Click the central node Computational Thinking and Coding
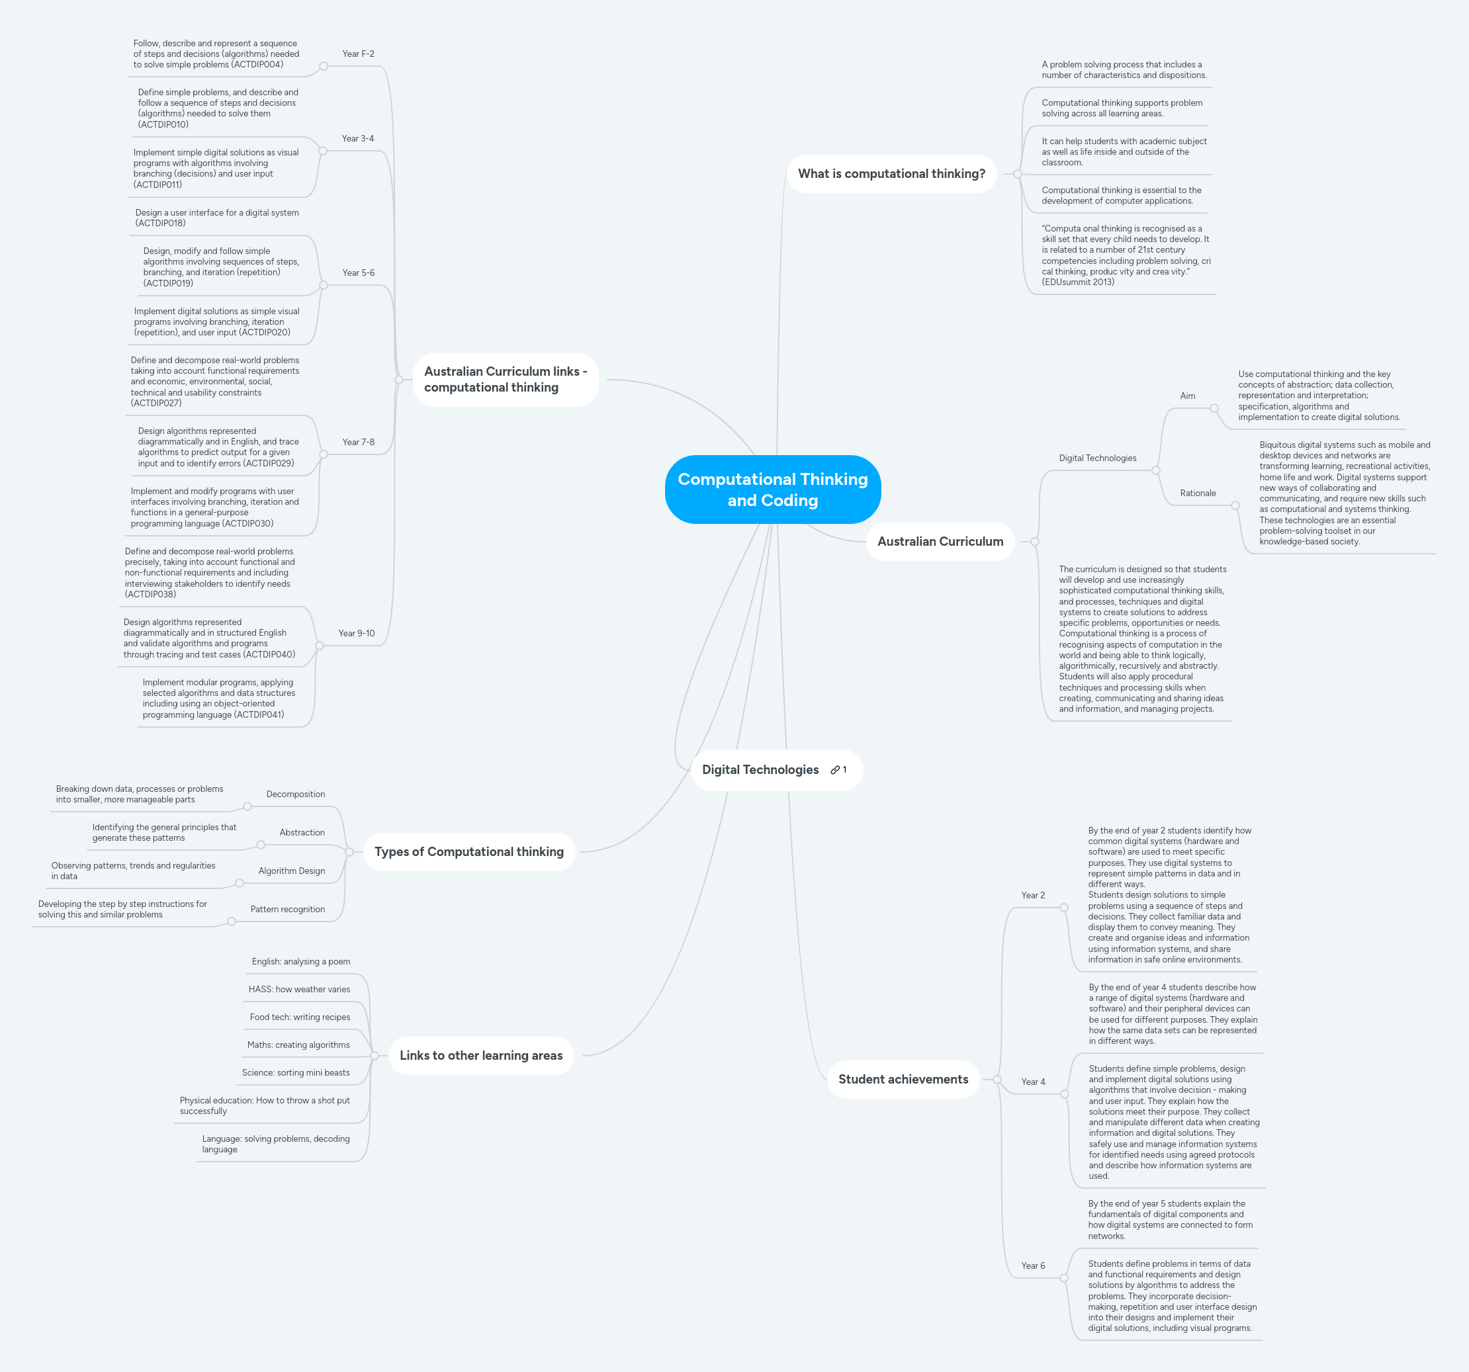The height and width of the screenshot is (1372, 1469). click(772, 489)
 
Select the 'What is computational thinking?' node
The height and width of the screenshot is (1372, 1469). click(891, 173)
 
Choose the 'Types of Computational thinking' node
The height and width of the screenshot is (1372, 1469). click(468, 851)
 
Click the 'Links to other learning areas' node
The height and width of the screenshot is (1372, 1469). click(480, 1055)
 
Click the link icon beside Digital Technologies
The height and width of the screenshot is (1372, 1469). click(835, 770)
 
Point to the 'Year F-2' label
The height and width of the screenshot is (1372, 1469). click(359, 54)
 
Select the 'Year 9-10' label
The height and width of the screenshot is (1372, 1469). click(356, 633)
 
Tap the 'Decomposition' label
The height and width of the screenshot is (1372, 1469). click(296, 794)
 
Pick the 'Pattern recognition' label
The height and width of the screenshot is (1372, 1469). click(287, 910)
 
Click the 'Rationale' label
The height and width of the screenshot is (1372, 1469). click(1197, 493)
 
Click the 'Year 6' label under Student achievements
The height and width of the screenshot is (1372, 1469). click(1032, 1265)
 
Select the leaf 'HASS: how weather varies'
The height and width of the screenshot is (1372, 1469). click(299, 989)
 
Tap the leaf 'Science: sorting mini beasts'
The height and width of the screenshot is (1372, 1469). click(296, 1073)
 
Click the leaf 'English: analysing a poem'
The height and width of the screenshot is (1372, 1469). click(300, 961)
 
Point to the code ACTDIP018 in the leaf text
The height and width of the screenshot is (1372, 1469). click(160, 223)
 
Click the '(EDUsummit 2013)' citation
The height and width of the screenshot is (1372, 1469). click(1077, 282)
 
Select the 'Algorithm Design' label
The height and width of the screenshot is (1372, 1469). click(291, 871)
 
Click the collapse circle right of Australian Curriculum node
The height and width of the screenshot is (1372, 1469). click(1034, 542)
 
